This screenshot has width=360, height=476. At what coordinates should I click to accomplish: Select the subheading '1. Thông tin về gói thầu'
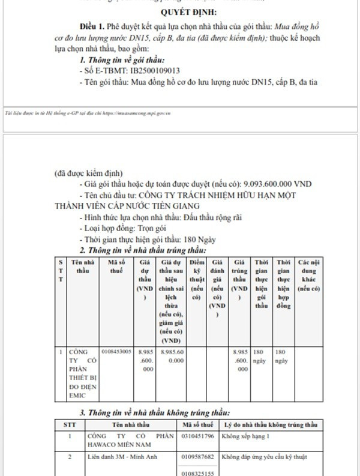tap(122, 60)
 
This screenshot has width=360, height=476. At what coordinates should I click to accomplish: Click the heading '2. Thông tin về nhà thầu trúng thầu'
tap(143, 250)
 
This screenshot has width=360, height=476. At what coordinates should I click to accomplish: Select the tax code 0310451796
tap(198, 436)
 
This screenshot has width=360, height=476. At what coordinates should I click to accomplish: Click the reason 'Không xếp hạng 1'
tap(246, 436)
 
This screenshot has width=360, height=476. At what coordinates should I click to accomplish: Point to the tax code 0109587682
tap(198, 457)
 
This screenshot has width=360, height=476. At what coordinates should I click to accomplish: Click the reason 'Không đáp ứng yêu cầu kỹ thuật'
tap(265, 457)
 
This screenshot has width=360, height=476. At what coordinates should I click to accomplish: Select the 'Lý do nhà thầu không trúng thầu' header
tap(269, 424)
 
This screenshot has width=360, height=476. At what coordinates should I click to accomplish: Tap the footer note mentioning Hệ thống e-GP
tap(87, 112)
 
